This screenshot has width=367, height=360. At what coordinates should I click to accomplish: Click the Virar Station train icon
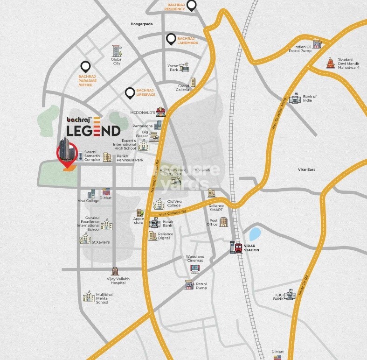coord(238,247)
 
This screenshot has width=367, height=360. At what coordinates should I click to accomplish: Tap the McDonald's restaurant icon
coord(161,111)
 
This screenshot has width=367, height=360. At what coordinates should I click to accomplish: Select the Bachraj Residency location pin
coord(191,6)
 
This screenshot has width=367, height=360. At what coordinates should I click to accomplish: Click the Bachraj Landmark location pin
coord(171,40)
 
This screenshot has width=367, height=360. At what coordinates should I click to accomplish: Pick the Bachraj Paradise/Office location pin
coord(85,67)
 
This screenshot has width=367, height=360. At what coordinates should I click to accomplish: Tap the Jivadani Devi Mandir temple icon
coord(331,63)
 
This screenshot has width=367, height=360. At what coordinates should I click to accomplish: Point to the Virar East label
coord(306,169)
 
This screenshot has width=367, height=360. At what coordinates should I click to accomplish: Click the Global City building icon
coord(116,50)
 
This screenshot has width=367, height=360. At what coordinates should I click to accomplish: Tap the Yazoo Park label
coord(174,68)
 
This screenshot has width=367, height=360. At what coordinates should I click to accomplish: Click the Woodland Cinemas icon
coord(195,268)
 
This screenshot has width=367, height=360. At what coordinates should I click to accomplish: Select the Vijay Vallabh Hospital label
coord(115,281)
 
